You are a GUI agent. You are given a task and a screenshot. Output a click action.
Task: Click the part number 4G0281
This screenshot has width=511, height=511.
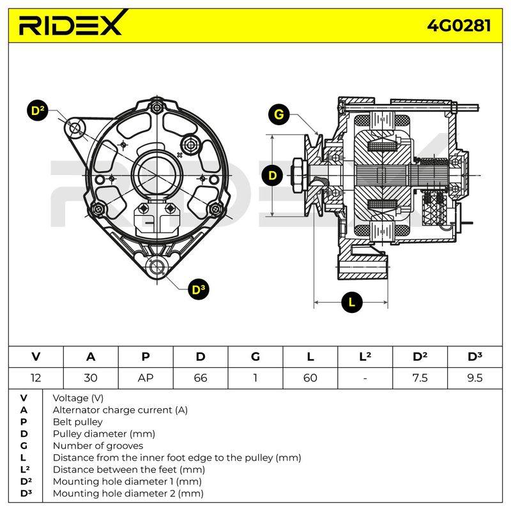pos(459,26)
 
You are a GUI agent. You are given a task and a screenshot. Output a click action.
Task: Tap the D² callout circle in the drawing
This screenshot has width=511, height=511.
pos(38,110)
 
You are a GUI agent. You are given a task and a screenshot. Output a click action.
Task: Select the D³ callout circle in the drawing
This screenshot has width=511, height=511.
pos(199,289)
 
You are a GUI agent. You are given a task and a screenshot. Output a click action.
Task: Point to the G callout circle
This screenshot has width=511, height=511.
pos(278,114)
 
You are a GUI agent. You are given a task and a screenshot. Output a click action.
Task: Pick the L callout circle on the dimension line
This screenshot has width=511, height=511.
pos(352,302)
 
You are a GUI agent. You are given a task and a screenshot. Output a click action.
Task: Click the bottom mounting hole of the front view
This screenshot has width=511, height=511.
pos(157,267)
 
